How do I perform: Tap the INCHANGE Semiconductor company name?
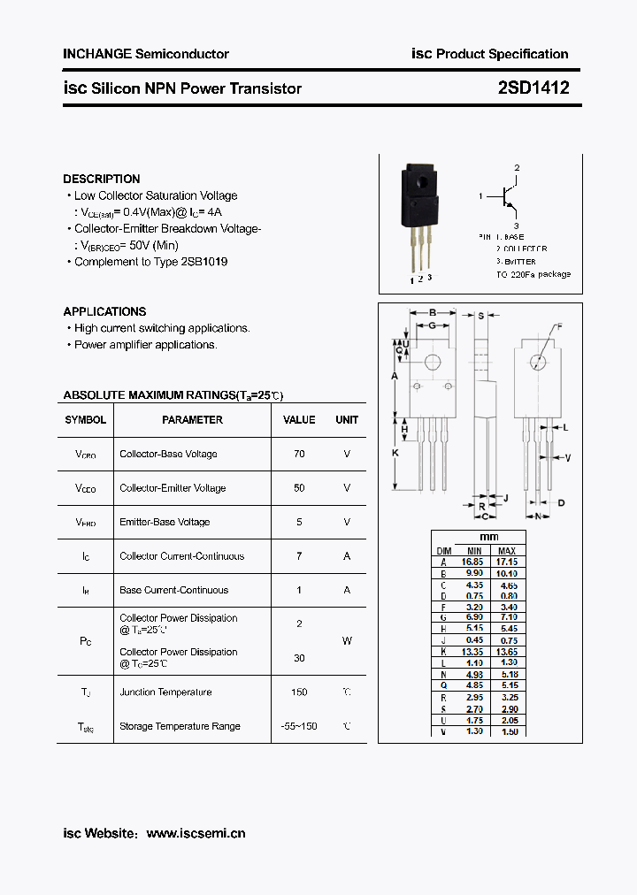146,54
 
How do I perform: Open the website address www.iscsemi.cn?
196,833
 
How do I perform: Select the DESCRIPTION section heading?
102,179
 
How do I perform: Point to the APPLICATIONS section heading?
104,311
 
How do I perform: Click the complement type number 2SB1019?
204,262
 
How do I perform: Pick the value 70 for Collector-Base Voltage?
299,454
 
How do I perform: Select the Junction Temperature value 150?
299,692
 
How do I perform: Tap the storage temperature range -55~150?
299,726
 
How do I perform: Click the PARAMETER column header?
192,420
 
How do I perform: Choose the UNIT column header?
347,420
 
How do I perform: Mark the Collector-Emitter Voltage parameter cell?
173,488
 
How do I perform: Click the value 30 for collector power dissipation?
299,658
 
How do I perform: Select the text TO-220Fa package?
533,274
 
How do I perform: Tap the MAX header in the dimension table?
507,550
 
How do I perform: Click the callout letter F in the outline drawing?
558,327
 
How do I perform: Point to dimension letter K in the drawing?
395,453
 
